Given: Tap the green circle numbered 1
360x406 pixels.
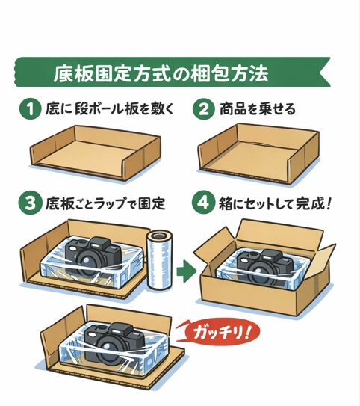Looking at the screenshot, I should point(29,110).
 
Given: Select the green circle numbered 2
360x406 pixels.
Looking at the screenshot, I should point(203,110).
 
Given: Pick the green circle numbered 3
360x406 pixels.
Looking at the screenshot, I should point(29,203).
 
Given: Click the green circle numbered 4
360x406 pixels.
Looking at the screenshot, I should point(203,203).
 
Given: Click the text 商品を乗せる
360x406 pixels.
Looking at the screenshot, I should point(258,110).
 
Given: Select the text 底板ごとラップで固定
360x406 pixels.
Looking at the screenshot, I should point(105,203).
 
